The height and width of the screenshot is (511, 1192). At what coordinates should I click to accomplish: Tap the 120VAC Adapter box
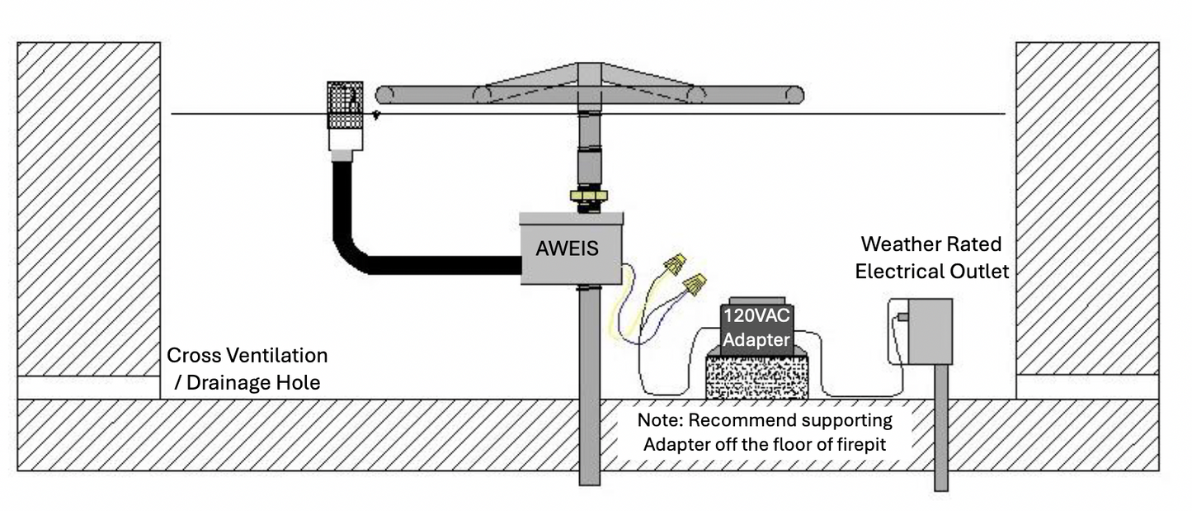(756, 327)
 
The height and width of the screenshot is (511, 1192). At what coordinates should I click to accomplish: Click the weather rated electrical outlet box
(930, 331)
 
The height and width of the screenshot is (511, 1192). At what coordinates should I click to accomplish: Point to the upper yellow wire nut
(675, 264)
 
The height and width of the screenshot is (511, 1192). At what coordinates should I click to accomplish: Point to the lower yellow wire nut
(695, 286)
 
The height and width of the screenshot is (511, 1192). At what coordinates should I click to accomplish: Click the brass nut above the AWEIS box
(587, 196)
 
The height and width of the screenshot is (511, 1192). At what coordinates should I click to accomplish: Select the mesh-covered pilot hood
(345, 105)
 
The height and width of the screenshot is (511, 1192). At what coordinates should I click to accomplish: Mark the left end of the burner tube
(383, 95)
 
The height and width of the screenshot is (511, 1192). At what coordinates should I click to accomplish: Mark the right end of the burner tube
(794, 95)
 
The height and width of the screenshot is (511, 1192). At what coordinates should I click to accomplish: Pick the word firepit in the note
(865, 443)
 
